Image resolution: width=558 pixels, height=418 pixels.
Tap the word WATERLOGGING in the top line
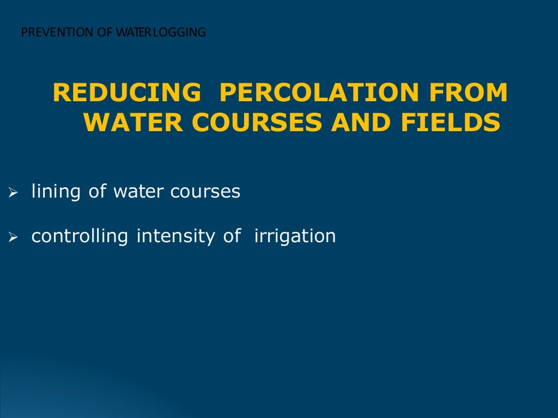tap(160, 33)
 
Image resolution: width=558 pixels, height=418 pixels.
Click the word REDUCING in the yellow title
tap(126, 93)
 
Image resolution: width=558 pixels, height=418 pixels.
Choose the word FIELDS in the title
tap(451, 122)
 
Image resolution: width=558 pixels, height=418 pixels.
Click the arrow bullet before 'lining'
tap(14, 192)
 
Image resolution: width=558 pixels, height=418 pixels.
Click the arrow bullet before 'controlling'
tap(14, 237)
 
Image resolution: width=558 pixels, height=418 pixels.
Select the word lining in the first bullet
tap(56, 192)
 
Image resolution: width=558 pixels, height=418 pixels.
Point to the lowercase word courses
tap(205, 192)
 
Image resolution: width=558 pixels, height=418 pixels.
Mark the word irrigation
tap(295, 236)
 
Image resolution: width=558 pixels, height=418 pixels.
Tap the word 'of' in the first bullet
tap(98, 192)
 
